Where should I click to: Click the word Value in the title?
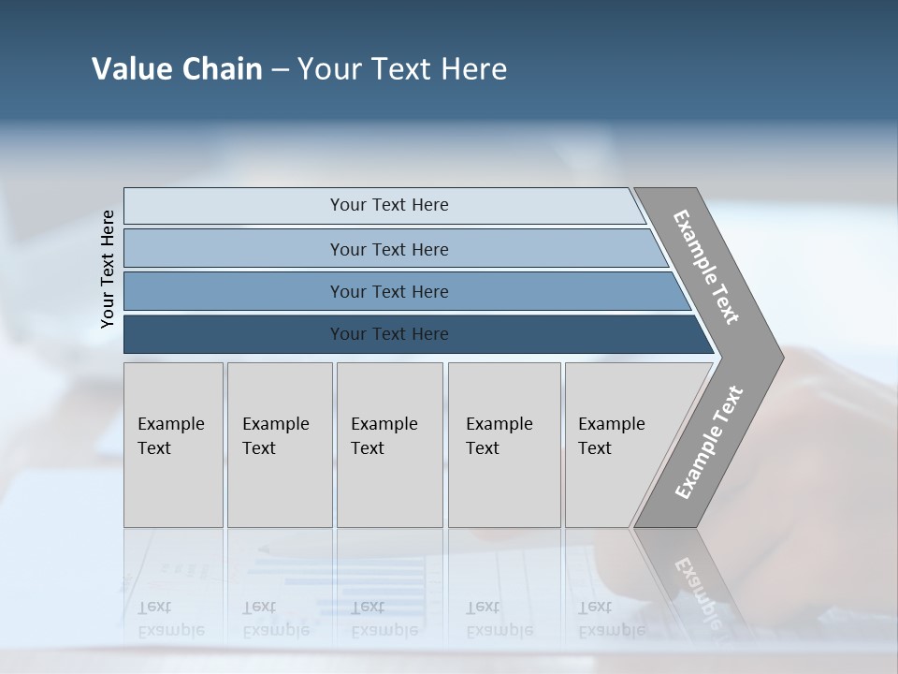[130, 69]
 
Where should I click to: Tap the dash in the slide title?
[280, 70]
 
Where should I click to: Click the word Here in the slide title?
[473, 69]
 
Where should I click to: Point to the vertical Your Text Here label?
[108, 269]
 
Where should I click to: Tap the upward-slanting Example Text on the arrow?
[709, 443]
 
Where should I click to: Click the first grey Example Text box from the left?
[173, 445]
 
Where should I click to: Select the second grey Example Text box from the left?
[280, 445]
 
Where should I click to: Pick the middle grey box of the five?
[389, 445]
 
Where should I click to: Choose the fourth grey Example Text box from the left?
[504, 445]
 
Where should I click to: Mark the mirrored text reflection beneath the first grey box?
[170, 619]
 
